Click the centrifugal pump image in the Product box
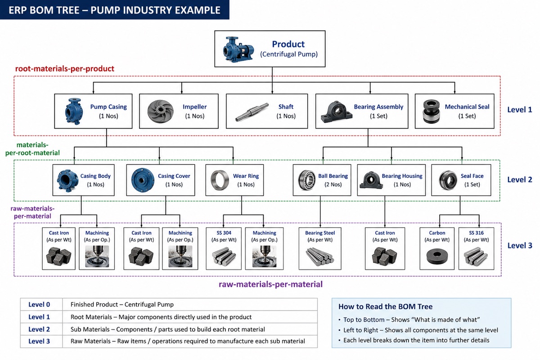point(238,49)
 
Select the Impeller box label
point(194,107)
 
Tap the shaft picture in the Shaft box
point(252,112)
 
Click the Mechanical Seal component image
point(431,112)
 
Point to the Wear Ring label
point(246,176)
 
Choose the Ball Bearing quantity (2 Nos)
point(333,184)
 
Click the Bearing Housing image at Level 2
point(371,180)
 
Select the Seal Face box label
point(472,176)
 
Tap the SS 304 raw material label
point(224,233)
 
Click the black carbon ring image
point(437,256)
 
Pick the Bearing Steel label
point(320,233)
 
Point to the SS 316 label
point(476,233)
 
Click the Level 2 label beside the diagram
point(519,180)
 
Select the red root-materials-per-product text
point(65,69)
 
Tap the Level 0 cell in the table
point(39,305)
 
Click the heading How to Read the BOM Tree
point(385,306)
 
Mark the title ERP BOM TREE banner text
point(114,10)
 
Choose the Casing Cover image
point(143,180)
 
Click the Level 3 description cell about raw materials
point(188,341)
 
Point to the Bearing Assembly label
point(378,107)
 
